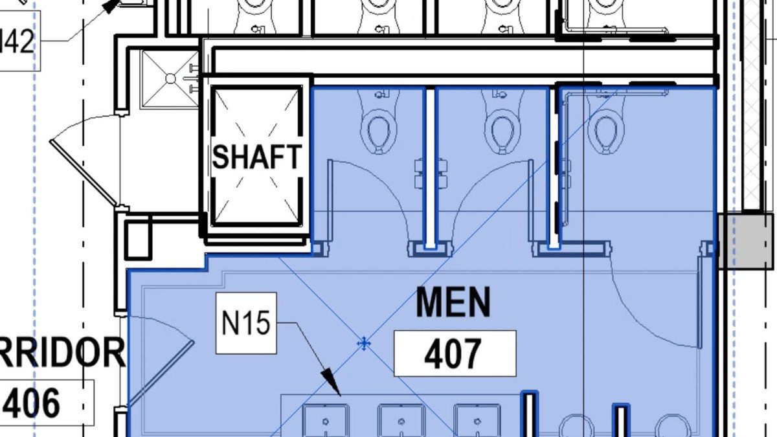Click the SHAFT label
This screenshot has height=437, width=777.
[257, 157]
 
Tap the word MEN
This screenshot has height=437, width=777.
[453, 303]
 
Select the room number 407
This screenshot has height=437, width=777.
[454, 353]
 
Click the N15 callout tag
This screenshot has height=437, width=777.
[246, 323]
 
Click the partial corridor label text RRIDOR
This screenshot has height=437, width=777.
[62, 353]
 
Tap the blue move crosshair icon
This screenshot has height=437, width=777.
[365, 343]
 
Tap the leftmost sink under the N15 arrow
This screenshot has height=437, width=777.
[325, 421]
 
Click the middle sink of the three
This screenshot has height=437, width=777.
[401, 421]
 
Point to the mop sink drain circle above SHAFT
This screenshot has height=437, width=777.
[170, 78]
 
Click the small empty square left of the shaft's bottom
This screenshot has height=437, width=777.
[137, 239]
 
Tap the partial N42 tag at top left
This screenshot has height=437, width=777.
[17, 44]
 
